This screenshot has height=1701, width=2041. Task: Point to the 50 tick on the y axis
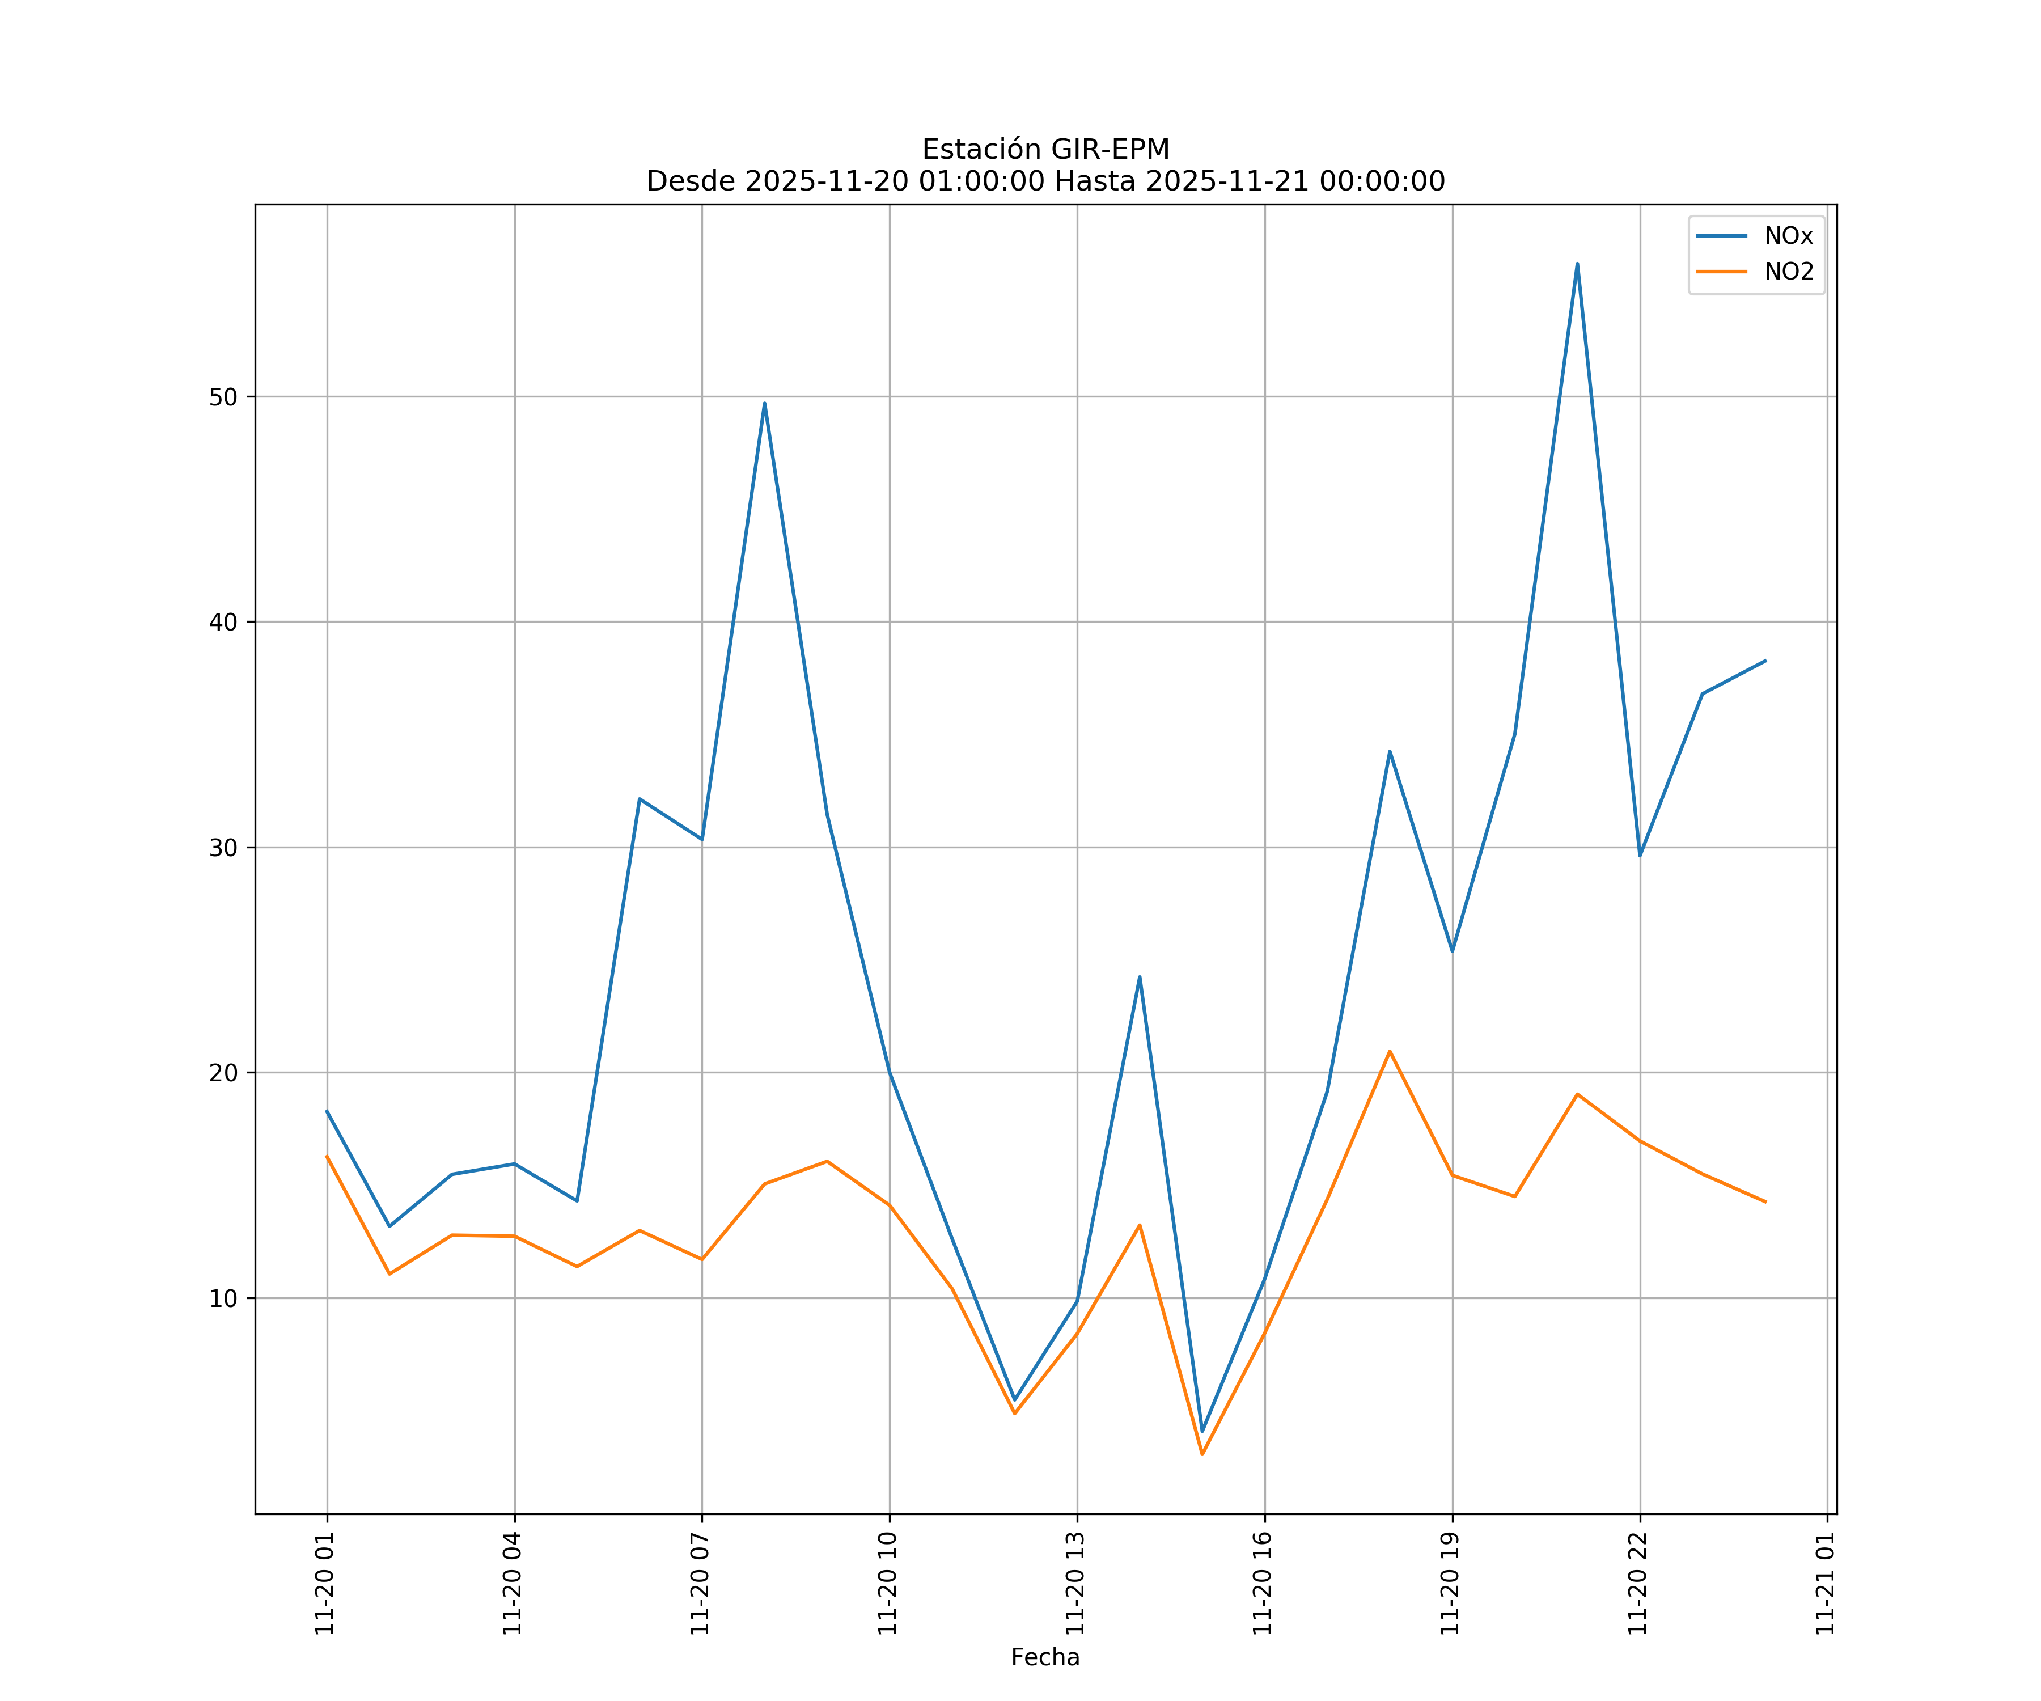pyautogui.click(x=223, y=396)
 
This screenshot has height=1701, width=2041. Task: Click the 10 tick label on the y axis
pyautogui.click(x=223, y=1298)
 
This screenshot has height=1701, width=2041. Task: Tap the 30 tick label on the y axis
pyautogui.click(x=223, y=848)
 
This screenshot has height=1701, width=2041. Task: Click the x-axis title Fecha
pyautogui.click(x=1045, y=1657)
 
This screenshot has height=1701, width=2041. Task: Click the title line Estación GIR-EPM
pyautogui.click(x=1045, y=150)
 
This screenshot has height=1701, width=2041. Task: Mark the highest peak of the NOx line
pyautogui.click(x=1577, y=264)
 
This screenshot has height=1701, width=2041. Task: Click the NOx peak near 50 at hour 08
pyautogui.click(x=764, y=403)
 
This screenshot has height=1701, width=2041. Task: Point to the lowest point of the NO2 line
pyautogui.click(x=1202, y=1454)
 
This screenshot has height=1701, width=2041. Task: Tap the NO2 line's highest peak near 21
pyautogui.click(x=1390, y=1051)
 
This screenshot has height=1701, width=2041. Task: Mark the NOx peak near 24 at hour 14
pyautogui.click(x=1139, y=977)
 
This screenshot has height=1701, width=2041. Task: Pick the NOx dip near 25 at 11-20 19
pyautogui.click(x=1452, y=951)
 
